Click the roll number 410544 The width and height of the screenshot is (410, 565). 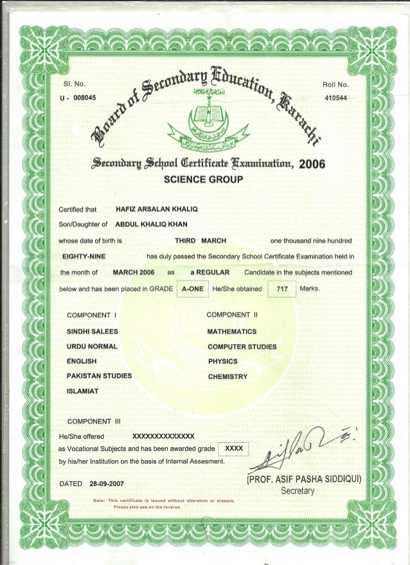[334, 97]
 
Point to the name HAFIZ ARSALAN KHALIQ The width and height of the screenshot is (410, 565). [152, 210]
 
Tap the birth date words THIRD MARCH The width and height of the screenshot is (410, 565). [201, 241]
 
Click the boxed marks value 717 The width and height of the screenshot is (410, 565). [281, 290]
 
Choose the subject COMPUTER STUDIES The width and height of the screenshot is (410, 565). [242, 346]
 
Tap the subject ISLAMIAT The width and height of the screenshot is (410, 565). [83, 391]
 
